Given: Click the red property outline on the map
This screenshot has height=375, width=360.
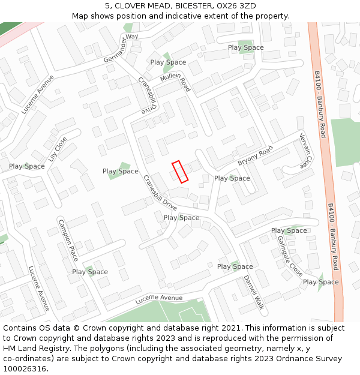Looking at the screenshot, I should (x=180, y=171).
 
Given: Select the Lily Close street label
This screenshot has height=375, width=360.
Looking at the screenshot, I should (x=58, y=152).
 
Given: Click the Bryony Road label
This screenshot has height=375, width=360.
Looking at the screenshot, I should (x=254, y=155).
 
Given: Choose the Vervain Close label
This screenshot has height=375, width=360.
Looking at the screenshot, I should (x=305, y=151).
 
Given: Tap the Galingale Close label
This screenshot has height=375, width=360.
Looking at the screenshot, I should (x=290, y=255).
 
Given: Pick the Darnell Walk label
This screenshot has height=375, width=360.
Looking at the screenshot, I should (x=254, y=292).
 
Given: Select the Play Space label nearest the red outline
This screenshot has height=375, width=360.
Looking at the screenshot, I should (x=232, y=178).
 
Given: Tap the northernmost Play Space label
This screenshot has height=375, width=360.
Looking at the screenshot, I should (x=245, y=47).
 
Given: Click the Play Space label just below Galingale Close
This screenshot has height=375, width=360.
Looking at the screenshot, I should (x=320, y=282).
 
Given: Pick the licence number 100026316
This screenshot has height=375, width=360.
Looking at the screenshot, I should (x=25, y=369).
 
